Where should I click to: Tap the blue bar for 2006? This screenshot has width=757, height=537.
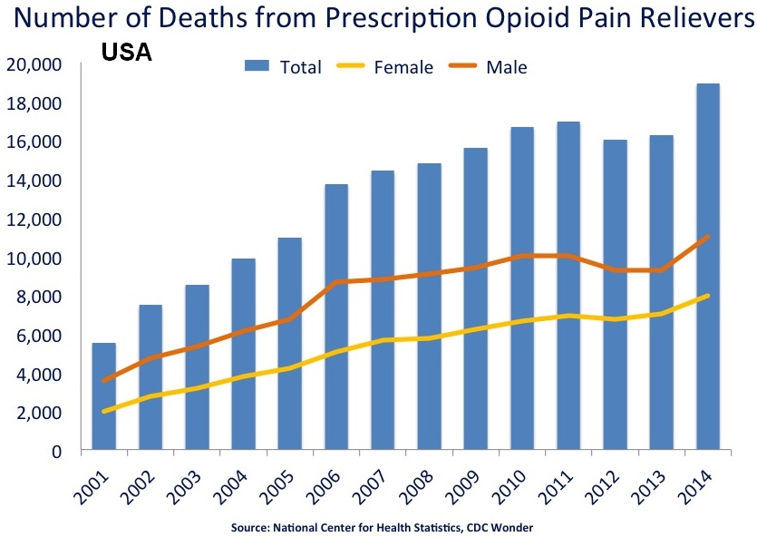click(x=336, y=317)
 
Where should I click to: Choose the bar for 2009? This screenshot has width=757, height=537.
click(x=475, y=299)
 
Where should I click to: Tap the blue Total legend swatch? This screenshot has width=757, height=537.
click(x=257, y=66)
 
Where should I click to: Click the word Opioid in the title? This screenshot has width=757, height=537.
click(x=511, y=20)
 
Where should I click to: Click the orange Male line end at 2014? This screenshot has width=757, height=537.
click(x=707, y=237)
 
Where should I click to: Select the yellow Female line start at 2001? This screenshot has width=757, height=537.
click(x=104, y=411)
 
